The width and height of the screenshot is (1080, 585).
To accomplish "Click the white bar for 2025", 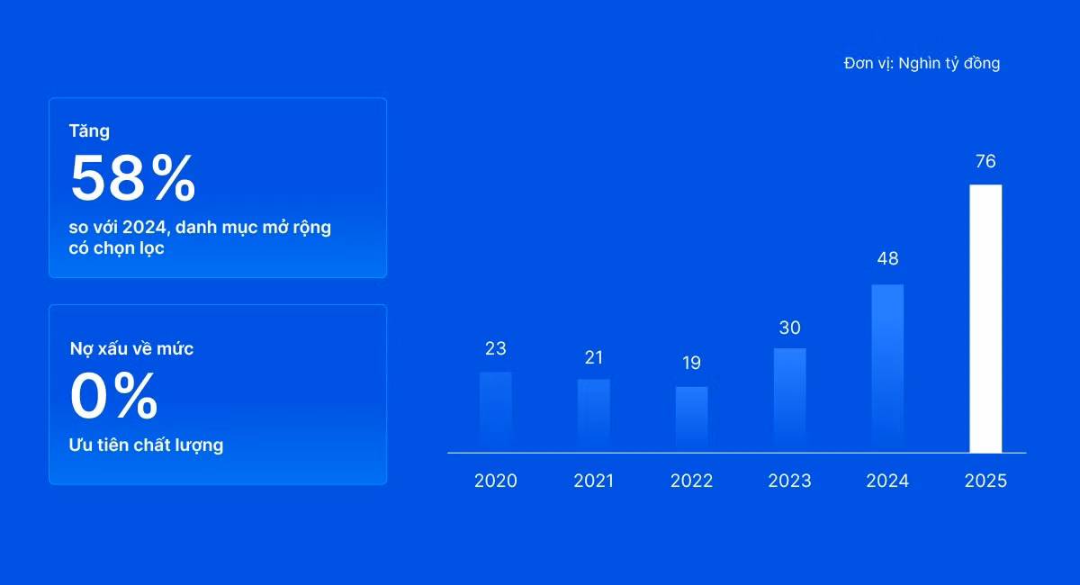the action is [985, 319].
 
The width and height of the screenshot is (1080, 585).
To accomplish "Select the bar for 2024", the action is [887, 368].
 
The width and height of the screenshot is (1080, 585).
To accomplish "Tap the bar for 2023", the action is [790, 400].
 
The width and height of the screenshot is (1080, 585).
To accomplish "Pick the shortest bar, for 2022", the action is [692, 419].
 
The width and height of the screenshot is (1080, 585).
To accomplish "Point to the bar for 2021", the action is [593, 416].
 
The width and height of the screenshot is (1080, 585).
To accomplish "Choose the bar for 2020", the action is [496, 412].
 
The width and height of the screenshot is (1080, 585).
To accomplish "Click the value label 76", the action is [985, 161].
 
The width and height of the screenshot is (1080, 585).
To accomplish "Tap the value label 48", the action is [887, 258].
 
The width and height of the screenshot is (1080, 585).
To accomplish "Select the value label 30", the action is [790, 328].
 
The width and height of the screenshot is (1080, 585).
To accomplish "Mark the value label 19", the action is [691, 363].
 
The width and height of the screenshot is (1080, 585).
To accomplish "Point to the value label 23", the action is [496, 348].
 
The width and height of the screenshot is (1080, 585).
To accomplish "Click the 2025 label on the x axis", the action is [985, 481].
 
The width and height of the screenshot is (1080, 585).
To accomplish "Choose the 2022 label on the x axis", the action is [691, 481].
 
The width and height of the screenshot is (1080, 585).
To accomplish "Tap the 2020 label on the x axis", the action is [496, 481].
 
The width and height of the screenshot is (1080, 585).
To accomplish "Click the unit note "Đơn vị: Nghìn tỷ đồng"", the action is [922, 64].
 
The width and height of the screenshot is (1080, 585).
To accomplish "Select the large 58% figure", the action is [132, 177].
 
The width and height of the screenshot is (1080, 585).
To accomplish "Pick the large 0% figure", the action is [113, 395].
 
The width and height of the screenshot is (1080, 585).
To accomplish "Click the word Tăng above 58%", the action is [89, 131].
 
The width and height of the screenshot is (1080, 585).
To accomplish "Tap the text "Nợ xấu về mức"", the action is [131, 348].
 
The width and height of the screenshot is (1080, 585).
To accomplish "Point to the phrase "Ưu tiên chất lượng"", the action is [146, 445].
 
